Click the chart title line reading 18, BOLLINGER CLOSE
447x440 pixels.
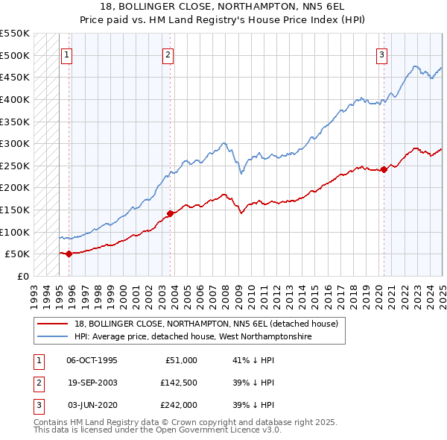[223, 7]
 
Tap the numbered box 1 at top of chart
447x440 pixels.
[67, 54]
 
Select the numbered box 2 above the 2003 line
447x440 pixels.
[168, 54]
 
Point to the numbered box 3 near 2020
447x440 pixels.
[381, 54]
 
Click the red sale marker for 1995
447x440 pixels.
[69, 254]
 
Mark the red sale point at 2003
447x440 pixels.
[170, 213]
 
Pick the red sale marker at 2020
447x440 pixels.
[384, 169]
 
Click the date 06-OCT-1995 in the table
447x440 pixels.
[92, 360]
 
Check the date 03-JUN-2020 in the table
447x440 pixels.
[92, 405]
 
